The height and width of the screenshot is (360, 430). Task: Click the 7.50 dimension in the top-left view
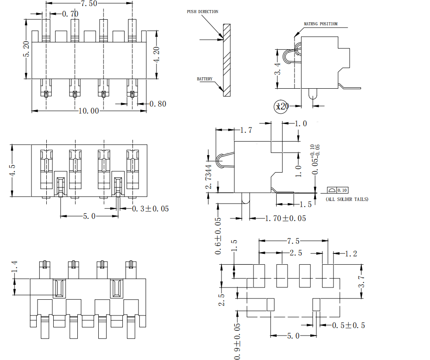(89, 3)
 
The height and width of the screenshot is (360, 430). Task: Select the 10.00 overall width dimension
(88, 111)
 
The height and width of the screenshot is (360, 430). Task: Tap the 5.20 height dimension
(27, 49)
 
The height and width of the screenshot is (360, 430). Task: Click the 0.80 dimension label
(158, 104)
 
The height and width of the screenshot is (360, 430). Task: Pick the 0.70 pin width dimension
(70, 14)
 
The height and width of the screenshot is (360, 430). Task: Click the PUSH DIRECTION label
(202, 12)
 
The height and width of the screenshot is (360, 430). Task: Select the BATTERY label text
(205, 79)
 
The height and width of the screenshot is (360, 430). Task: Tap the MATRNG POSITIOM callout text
(321, 24)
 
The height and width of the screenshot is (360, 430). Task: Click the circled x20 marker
(281, 106)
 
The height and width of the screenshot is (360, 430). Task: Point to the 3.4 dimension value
(277, 69)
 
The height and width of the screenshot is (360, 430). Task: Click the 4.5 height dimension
(13, 170)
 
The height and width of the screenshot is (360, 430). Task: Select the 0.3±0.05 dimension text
(150, 209)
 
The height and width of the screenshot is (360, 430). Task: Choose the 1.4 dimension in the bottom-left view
(14, 268)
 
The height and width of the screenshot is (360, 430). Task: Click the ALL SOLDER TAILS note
(347, 199)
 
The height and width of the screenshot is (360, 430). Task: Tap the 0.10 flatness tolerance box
(343, 190)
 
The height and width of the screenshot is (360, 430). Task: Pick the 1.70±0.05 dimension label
(285, 218)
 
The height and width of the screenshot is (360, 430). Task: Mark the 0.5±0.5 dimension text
(348, 325)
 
